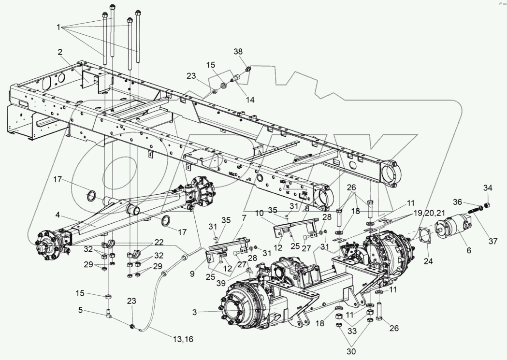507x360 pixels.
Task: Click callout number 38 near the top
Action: point(238,51)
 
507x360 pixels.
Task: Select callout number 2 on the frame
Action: point(60,52)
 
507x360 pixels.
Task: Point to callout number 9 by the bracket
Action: point(192,274)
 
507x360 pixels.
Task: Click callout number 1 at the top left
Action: point(59,28)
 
